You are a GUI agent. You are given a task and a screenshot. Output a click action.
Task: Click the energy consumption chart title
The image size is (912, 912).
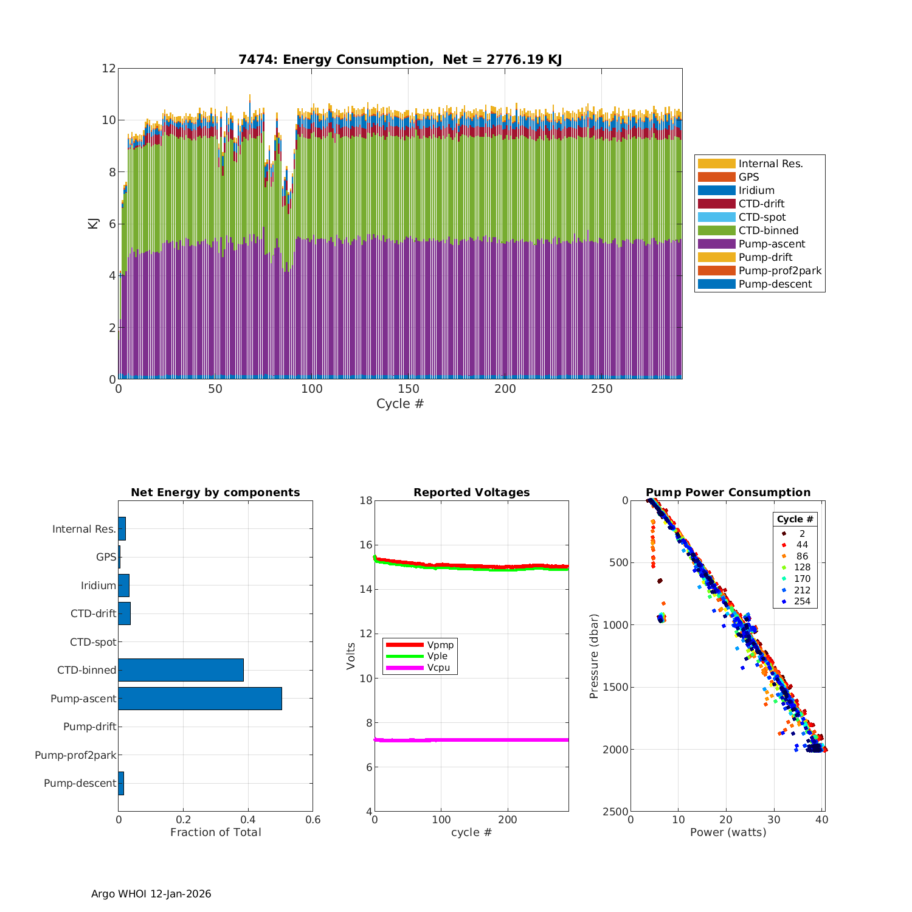click(x=399, y=60)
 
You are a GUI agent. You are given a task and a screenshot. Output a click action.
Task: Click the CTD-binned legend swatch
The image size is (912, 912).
click(x=716, y=230)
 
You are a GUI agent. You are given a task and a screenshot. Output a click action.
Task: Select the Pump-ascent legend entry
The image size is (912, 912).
click(x=772, y=244)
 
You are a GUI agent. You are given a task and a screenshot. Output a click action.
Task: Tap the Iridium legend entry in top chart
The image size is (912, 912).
click(x=756, y=190)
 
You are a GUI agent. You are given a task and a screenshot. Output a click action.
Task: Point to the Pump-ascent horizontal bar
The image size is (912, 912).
click(x=200, y=699)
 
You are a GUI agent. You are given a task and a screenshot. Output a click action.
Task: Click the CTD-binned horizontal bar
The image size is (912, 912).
click(x=181, y=670)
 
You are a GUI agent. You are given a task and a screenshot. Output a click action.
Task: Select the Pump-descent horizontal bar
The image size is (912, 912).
click(x=121, y=783)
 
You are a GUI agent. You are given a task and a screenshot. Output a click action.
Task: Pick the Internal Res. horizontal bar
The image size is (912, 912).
click(x=122, y=529)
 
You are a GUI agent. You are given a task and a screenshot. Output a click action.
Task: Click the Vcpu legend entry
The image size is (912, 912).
click(x=438, y=668)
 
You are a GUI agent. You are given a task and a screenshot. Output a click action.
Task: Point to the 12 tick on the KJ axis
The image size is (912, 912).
click(x=109, y=68)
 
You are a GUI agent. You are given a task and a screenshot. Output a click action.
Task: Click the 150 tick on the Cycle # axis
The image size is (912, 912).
click(x=409, y=390)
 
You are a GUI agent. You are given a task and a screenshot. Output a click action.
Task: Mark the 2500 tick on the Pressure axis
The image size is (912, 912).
click(x=616, y=812)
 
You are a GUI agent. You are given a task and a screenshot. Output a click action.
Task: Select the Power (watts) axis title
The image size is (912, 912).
click(x=728, y=832)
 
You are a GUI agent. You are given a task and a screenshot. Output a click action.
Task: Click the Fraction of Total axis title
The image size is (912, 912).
click(x=215, y=832)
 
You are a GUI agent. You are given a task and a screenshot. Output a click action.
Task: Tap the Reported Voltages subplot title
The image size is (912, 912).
click(x=471, y=492)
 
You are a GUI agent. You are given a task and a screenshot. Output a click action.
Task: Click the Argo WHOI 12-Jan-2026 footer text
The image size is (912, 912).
click(x=151, y=894)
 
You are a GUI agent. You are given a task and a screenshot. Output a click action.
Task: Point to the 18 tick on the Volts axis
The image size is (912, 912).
click(x=366, y=500)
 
